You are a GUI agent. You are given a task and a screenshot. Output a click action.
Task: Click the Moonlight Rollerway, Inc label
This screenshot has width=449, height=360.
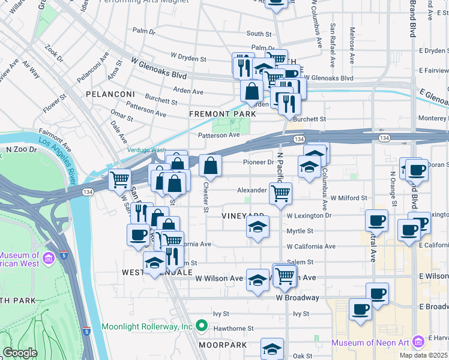[138, 326]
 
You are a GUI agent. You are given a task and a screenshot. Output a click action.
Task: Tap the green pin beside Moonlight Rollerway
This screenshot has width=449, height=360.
[202, 327]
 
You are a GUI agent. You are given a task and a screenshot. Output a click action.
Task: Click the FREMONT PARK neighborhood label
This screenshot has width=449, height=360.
[218, 113]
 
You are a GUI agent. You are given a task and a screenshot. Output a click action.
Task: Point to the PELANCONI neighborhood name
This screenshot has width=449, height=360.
[108, 95]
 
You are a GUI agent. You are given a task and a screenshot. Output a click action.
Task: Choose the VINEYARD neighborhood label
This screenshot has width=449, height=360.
[243, 215]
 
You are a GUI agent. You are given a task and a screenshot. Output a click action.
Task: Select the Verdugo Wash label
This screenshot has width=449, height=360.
[146, 150]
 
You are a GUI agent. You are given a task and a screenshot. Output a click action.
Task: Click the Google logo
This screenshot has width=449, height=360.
[20, 353]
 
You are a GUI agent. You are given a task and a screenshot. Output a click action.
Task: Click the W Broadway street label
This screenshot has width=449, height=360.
[297, 298]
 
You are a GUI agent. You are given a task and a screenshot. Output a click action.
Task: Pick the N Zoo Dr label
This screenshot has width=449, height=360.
[18, 148]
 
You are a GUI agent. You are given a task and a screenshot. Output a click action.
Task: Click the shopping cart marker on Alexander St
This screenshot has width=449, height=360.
[280, 194]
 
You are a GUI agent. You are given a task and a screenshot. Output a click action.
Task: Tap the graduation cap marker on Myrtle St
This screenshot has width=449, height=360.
[258, 227]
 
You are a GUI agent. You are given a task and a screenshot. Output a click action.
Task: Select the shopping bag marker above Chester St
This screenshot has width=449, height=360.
[210, 165]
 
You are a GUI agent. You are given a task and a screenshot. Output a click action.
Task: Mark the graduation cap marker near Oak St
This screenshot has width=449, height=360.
[272, 349]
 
